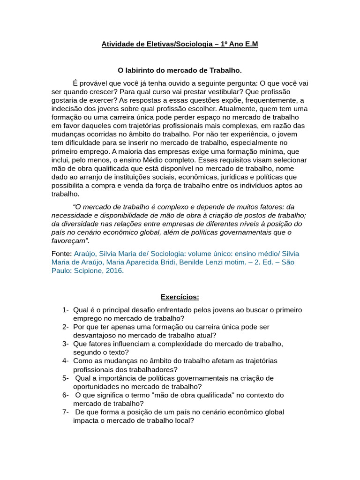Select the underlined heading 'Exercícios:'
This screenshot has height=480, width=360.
click(180, 297)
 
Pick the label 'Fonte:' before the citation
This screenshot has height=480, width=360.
click(61, 254)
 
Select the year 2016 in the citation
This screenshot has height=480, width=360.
click(115, 270)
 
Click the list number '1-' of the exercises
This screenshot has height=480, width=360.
click(65, 310)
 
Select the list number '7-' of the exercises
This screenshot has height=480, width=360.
click(65, 412)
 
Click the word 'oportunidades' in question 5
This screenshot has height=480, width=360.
click(97, 387)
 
